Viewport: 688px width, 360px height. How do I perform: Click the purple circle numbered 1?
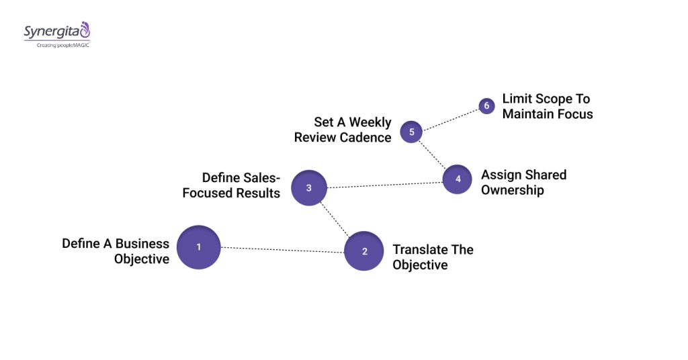click(x=199, y=247)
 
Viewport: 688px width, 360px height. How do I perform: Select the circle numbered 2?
click(x=364, y=251)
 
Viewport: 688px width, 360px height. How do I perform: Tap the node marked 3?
click(x=309, y=188)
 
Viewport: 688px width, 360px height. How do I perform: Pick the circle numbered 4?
click(x=458, y=179)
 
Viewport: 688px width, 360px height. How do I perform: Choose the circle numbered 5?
click(x=411, y=132)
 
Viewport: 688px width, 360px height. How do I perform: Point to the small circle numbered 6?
click(x=486, y=106)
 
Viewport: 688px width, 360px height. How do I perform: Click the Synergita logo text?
click(x=52, y=32)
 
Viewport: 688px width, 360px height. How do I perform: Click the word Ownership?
click(x=513, y=190)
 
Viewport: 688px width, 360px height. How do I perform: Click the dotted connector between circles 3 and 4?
click(x=383, y=184)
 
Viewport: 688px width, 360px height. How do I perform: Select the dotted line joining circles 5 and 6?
click(x=450, y=118)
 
